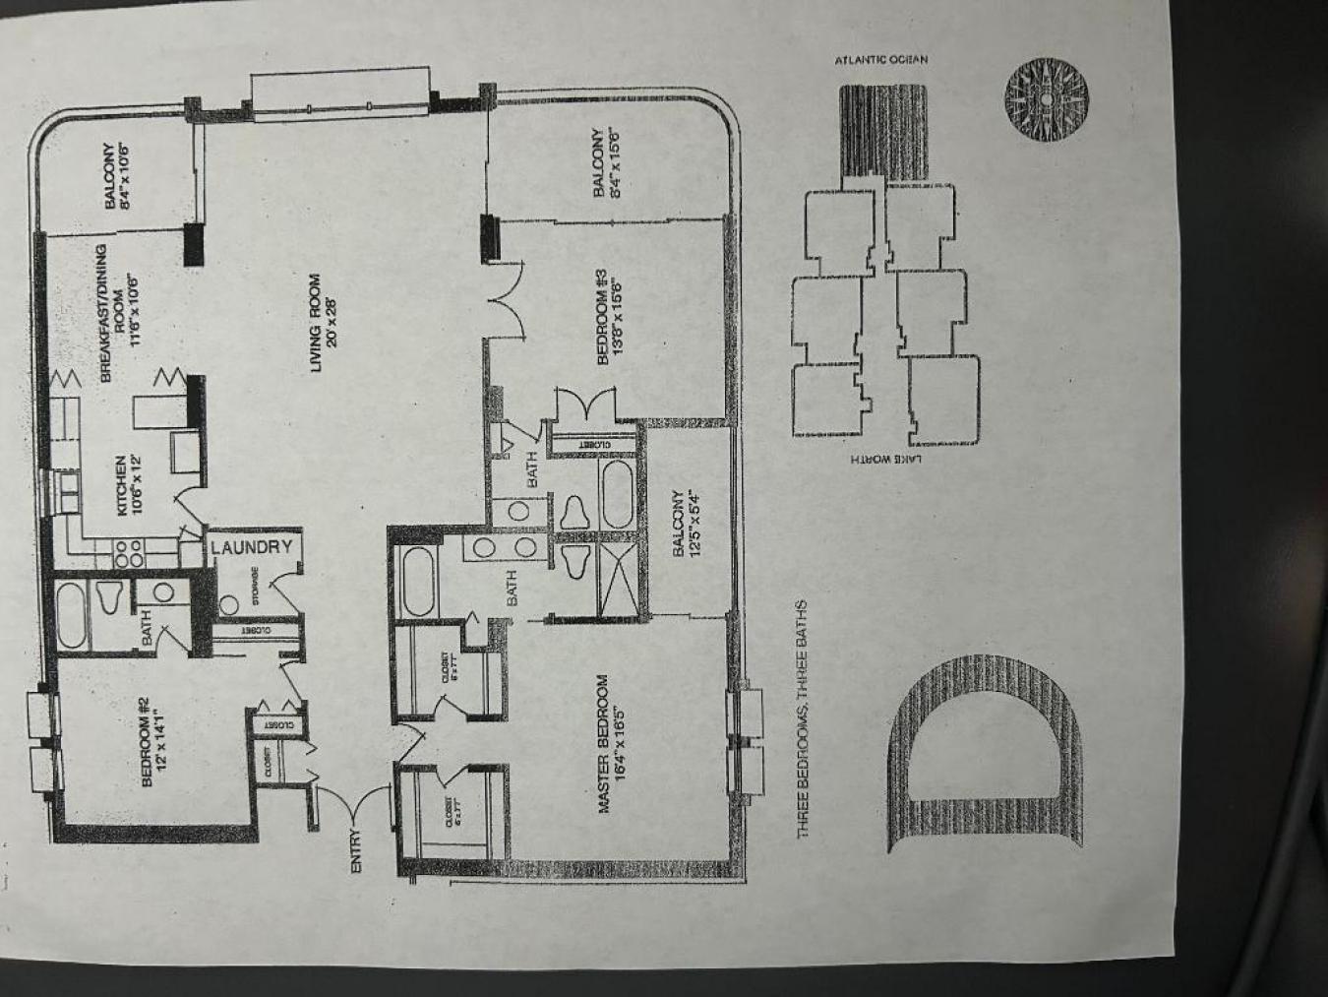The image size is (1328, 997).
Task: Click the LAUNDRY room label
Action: click(x=252, y=547)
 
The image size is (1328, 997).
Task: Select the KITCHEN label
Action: click(x=129, y=485)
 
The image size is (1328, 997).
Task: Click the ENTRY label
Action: click(x=356, y=850)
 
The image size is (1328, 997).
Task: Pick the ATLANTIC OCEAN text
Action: click(x=880, y=60)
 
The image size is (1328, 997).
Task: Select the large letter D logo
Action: click(x=984, y=754)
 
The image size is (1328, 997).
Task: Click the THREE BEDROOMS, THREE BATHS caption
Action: click(x=804, y=718)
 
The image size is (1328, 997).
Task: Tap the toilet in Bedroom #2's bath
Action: click(x=107, y=597)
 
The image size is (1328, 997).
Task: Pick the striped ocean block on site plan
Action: click(x=882, y=133)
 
